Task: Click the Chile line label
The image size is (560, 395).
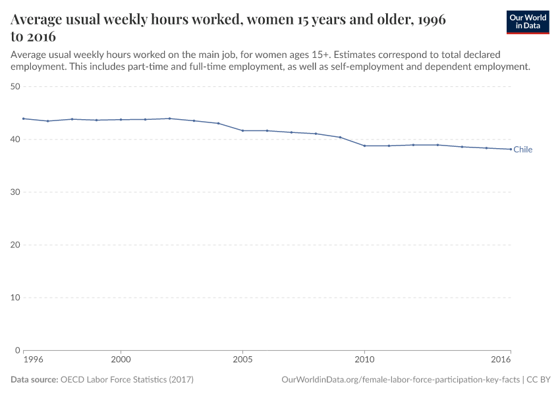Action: coord(522,149)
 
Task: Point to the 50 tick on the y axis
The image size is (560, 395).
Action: coord(16,86)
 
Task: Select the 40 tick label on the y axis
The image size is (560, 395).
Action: coord(16,139)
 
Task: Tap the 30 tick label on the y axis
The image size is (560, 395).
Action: coord(16,192)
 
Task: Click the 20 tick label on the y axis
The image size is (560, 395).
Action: coord(16,244)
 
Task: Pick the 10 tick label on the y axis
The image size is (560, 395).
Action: coord(16,297)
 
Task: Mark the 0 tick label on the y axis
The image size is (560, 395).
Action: coord(18,350)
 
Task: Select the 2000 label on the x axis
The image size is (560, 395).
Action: coord(121,360)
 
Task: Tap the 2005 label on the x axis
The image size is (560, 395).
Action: coord(242,360)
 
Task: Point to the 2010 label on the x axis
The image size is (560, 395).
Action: coord(364,360)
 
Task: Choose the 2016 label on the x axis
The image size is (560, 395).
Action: coord(501,360)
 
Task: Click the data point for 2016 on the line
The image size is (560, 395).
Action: coord(511,149)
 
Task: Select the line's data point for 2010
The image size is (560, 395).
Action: coord(364,145)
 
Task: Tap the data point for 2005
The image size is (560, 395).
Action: coord(242,130)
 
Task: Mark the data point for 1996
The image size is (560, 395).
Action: coord(23,118)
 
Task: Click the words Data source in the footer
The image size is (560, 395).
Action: coord(34,380)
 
